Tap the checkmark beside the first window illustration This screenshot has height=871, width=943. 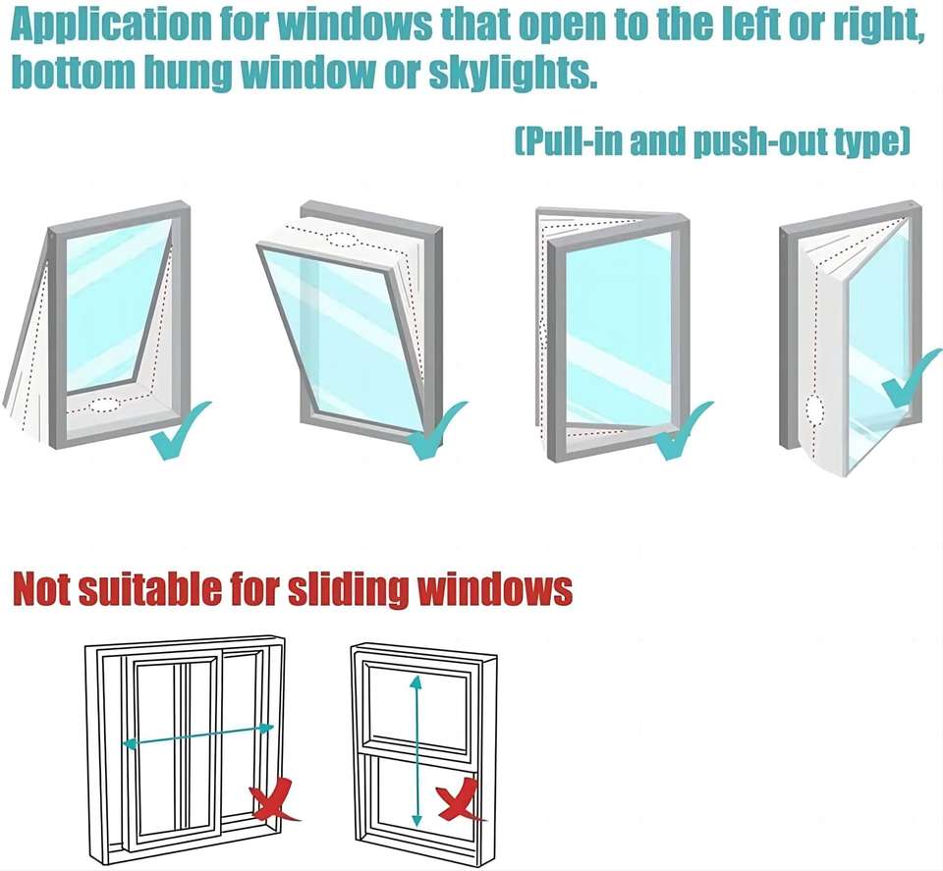click(182, 432)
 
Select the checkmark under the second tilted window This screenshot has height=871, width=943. click(437, 432)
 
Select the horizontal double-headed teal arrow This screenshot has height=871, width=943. click(197, 736)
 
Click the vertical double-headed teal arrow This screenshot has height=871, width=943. click(416, 750)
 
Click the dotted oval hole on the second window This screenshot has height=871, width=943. click(341, 239)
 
